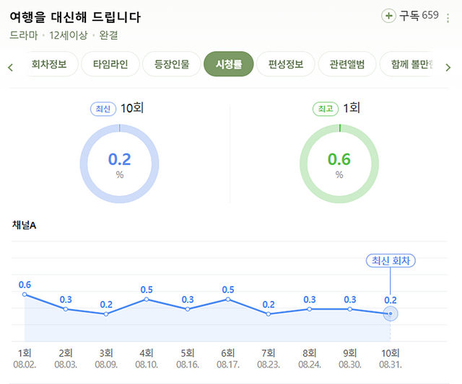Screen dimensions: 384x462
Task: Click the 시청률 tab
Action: click(x=228, y=64)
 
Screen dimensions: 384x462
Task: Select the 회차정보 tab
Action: click(x=48, y=64)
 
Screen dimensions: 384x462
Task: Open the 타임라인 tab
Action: click(x=110, y=64)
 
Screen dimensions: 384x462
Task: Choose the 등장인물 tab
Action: click(x=172, y=64)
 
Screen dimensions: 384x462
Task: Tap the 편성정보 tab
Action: click(x=286, y=64)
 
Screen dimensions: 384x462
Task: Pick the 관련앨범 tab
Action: click(x=347, y=64)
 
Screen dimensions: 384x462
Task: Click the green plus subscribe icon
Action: click(x=388, y=16)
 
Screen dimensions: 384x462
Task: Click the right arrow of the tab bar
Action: click(x=448, y=68)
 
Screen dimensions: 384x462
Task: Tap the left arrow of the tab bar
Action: click(x=10, y=68)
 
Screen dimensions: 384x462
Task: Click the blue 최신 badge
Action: click(x=103, y=109)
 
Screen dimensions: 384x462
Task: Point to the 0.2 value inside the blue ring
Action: click(x=119, y=159)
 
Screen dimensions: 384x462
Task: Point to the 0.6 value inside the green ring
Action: click(x=339, y=159)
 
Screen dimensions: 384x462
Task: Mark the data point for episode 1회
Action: click(x=25, y=294)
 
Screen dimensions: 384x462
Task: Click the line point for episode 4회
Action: click(x=147, y=299)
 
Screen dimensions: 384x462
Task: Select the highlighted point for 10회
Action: click(x=391, y=313)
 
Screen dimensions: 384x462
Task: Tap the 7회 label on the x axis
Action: click(x=269, y=353)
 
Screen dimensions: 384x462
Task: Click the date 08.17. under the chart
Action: click(x=228, y=365)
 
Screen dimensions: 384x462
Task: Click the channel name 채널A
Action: click(x=24, y=225)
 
